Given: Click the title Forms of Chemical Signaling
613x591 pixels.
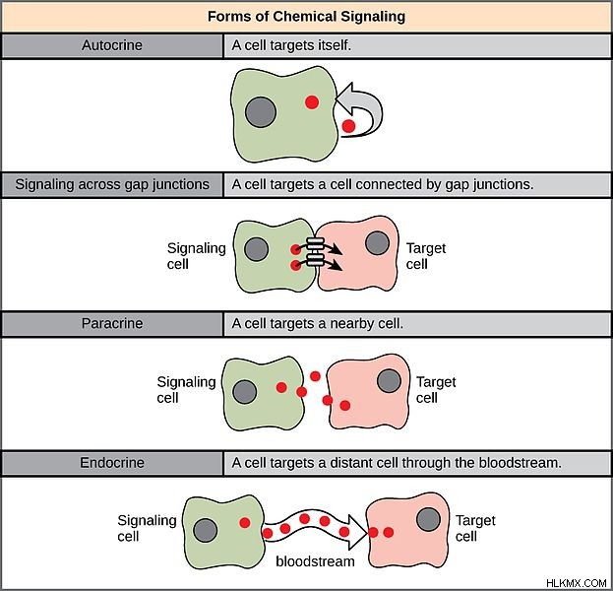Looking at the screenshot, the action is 306,17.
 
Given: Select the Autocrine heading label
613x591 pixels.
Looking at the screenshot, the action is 112,45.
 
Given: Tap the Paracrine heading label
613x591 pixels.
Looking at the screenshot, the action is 112,323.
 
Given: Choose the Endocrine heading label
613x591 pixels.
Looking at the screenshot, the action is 112,463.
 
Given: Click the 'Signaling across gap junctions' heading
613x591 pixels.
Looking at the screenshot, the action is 112,184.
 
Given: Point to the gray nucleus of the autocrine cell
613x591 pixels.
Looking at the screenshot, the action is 261,112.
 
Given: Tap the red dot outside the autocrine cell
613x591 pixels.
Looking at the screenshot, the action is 348,126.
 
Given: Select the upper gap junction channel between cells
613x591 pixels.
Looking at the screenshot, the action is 315,243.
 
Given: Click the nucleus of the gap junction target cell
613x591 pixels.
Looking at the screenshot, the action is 377,242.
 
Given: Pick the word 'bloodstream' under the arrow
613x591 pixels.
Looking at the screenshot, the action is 315,561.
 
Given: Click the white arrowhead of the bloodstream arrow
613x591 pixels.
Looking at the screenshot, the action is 357,532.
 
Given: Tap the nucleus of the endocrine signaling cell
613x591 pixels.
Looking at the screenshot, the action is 206,530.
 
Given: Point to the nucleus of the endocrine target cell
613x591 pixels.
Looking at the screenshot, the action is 428,519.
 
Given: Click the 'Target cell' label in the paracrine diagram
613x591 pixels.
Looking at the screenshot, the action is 436,389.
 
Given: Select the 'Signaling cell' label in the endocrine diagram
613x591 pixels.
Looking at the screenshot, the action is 147,528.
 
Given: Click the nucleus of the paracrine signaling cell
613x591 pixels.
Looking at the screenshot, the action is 245,392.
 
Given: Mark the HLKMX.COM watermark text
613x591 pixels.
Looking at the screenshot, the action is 577,583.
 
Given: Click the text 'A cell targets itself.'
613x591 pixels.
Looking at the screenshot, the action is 291,45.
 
